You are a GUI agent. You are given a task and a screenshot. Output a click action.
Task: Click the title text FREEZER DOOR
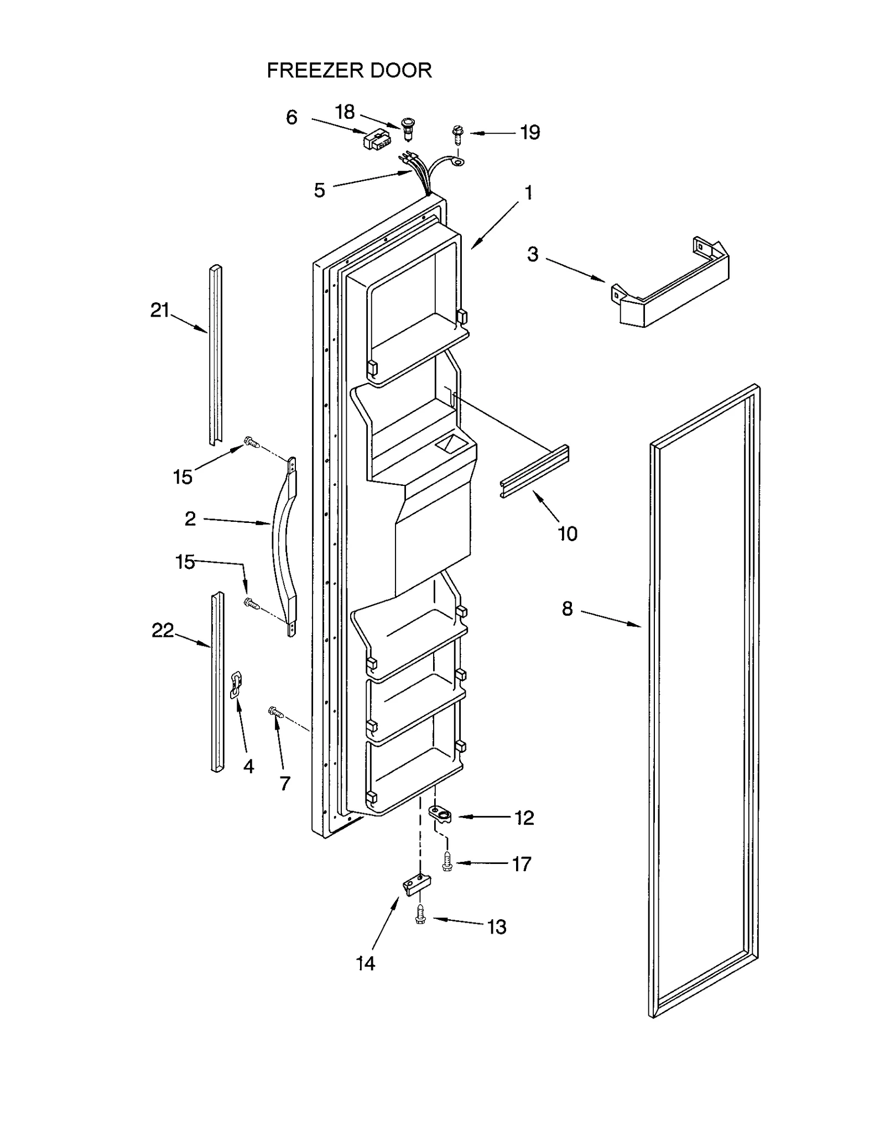(349, 71)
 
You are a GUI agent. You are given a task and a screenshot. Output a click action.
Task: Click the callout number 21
(159, 311)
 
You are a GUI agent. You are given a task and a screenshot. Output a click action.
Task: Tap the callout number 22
(162, 631)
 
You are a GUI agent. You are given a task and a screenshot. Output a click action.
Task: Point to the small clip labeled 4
(236, 685)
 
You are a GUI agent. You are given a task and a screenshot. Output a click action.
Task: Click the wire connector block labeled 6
(374, 140)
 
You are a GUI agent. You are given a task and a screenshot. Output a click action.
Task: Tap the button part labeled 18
(409, 127)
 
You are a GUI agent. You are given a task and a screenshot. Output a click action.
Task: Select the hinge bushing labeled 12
(441, 814)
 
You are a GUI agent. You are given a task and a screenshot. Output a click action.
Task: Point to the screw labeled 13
(420, 914)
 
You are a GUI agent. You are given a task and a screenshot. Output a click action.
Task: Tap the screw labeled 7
(275, 713)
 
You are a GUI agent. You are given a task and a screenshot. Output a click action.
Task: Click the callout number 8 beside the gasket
(567, 609)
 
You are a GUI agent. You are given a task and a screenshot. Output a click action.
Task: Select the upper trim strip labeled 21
(216, 354)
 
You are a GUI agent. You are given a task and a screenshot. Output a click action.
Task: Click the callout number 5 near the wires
(319, 191)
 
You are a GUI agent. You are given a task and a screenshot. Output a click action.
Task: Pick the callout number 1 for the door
(528, 193)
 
